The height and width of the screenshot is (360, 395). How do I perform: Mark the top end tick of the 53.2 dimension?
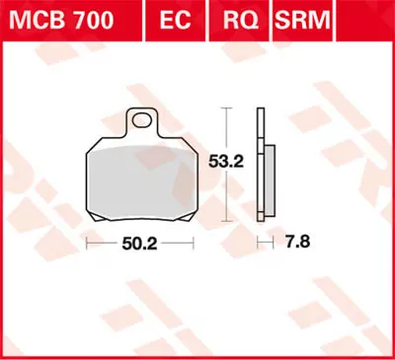(x=228, y=109)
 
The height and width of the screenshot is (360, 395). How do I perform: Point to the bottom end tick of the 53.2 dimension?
(x=228, y=218)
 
